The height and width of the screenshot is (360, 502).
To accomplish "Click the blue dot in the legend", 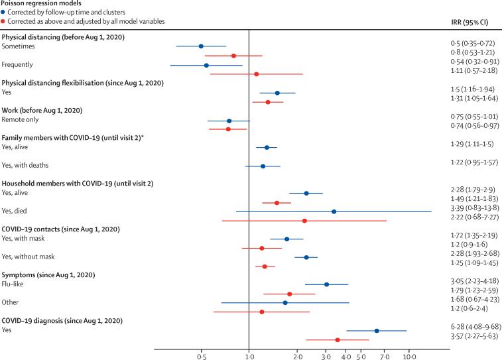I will click(4, 13).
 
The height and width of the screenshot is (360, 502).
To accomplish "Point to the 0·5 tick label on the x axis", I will click(201, 356).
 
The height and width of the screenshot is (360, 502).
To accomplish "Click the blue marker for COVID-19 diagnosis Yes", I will click(377, 330).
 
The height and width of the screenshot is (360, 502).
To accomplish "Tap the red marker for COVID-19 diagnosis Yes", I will click(338, 339).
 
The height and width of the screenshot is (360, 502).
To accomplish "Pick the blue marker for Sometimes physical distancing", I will click(201, 46).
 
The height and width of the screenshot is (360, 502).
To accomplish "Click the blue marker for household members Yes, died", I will click(334, 211).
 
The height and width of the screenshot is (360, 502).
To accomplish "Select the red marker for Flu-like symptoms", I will click(290, 294).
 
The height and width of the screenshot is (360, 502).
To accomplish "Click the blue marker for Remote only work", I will click(229, 121).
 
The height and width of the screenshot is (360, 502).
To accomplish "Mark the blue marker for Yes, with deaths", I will click(263, 166).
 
